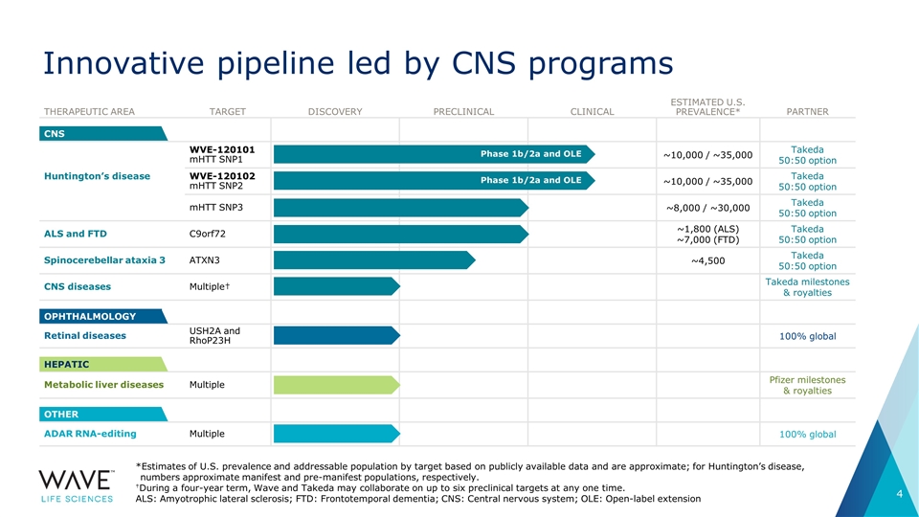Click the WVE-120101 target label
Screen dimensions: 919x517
click(x=221, y=149)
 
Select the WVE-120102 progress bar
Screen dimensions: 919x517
click(x=434, y=181)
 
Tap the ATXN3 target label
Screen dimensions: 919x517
click(x=204, y=260)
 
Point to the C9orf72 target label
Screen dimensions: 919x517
click(x=207, y=234)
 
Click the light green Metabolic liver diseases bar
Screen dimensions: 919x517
click(x=336, y=385)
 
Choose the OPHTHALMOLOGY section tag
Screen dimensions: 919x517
click(x=103, y=317)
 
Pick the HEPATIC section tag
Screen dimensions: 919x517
click(x=103, y=365)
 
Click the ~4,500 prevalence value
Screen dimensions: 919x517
click(x=708, y=260)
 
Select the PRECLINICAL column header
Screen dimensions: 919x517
click(x=463, y=111)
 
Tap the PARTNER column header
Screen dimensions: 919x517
click(x=807, y=111)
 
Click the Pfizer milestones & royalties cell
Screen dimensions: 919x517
click(x=807, y=385)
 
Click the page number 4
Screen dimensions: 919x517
click(x=900, y=494)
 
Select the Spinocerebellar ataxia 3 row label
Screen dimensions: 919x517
click(x=104, y=260)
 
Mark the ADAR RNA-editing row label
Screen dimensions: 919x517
click(x=90, y=434)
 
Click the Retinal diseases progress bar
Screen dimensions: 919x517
click(x=336, y=336)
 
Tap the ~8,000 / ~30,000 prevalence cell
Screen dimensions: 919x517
click(x=708, y=208)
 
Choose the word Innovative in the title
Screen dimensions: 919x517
click(x=123, y=63)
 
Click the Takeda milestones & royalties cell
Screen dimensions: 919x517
click(x=807, y=287)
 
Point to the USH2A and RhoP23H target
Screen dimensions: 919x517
click(x=214, y=336)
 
